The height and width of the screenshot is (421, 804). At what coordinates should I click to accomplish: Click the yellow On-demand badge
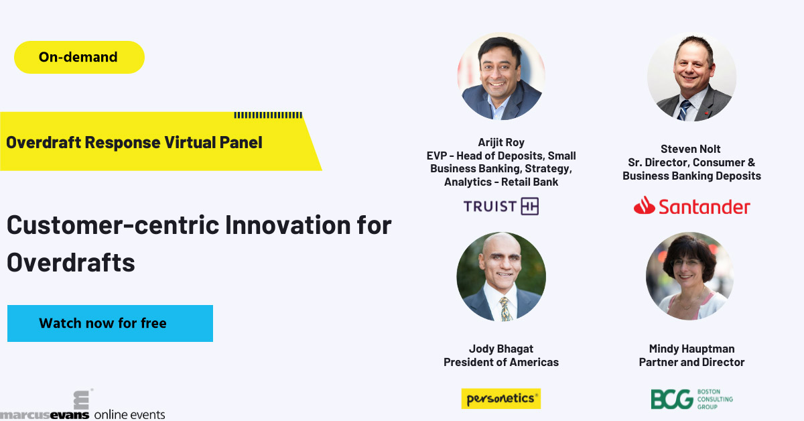(x=79, y=57)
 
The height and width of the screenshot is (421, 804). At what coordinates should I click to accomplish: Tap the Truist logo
(x=501, y=206)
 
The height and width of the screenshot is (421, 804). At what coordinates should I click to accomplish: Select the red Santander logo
(x=691, y=206)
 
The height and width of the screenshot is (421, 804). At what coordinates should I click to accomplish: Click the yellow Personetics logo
(x=501, y=398)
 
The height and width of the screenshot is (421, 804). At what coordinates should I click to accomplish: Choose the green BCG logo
(x=691, y=399)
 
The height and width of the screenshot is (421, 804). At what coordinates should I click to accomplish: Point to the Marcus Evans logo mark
(x=82, y=400)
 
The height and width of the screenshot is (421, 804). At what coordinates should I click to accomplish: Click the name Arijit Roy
(x=501, y=142)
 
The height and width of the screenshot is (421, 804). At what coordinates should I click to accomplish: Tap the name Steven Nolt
(x=691, y=149)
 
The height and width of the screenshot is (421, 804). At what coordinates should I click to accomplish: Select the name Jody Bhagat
(x=501, y=349)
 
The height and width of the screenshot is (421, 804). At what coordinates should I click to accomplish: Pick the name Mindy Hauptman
(x=691, y=349)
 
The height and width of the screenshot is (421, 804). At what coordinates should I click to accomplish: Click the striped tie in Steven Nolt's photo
(x=684, y=110)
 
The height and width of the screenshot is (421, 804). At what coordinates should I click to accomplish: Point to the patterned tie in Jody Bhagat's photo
(x=505, y=309)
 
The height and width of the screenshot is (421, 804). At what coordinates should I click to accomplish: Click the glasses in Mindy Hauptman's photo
(x=686, y=263)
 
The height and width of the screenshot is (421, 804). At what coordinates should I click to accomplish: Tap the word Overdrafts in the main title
(x=71, y=263)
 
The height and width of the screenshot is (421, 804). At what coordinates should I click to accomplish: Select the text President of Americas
(x=501, y=362)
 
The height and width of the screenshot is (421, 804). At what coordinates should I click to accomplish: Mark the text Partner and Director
(x=691, y=362)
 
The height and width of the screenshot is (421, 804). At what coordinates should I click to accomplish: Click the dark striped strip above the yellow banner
(x=268, y=115)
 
